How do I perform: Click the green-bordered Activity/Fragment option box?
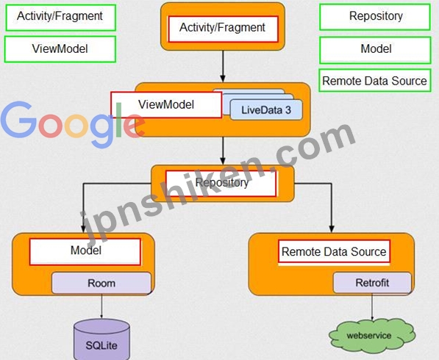(60, 18)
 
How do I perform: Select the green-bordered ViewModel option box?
(60, 49)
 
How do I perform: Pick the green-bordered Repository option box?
(375, 17)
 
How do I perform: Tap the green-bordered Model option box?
(375, 50)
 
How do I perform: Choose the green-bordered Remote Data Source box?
(375, 81)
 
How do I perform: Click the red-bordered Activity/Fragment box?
(223, 29)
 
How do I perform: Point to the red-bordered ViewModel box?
(166, 104)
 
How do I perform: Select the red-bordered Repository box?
(221, 184)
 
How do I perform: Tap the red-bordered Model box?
(85, 251)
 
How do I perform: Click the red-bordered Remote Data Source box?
(334, 251)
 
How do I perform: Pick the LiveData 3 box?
(266, 110)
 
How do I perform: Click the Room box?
(101, 283)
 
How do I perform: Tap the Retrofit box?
(372, 283)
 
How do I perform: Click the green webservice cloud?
(372, 335)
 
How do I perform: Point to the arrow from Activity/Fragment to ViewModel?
(223, 66)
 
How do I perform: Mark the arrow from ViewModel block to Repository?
(223, 151)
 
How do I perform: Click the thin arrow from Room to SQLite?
(101, 306)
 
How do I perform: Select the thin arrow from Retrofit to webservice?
(372, 306)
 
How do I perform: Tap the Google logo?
(73, 123)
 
